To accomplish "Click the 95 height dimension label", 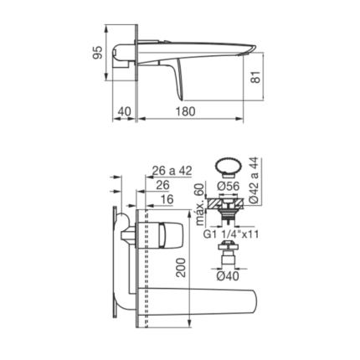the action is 98,53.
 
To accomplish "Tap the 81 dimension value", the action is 256,77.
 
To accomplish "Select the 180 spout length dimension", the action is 185,111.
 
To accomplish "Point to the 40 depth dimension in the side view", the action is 124,111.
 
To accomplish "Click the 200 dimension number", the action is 181,268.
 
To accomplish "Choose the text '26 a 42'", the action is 172,171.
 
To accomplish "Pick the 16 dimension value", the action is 167,199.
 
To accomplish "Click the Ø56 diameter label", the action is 228,186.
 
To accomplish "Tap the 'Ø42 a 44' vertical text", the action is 254,181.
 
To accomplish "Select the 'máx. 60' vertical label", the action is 200,204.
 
